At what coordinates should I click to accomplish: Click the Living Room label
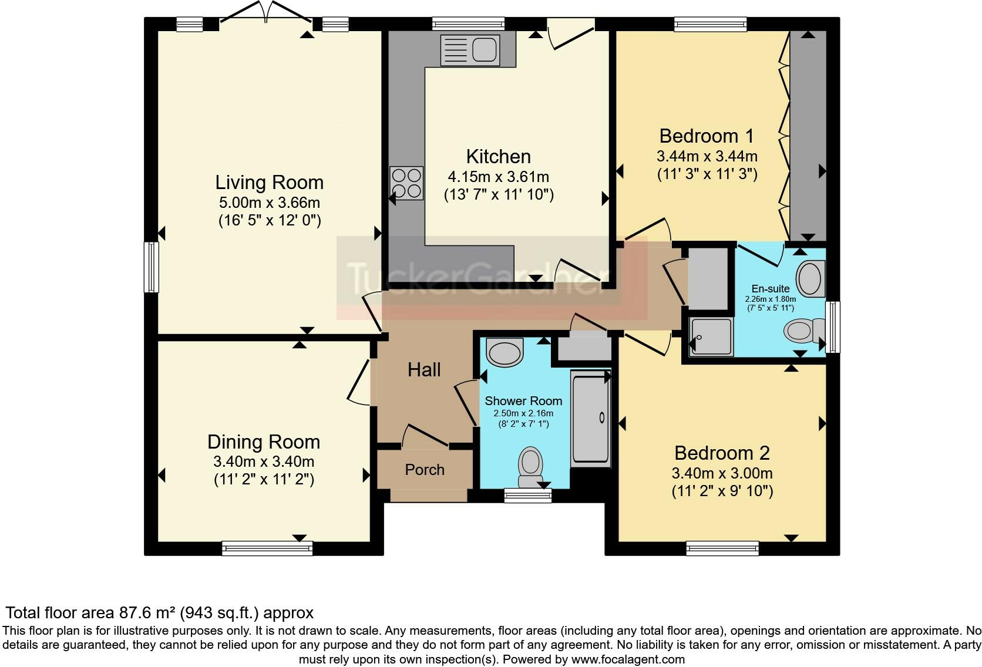[269, 182]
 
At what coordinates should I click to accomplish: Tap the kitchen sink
[470, 49]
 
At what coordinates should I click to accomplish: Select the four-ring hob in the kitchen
[406, 183]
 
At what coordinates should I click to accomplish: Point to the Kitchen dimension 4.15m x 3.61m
[499, 177]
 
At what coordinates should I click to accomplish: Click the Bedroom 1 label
[707, 136]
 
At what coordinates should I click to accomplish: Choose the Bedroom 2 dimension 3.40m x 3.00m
[722, 473]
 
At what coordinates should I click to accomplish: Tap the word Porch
[425, 470]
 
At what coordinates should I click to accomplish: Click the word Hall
[424, 370]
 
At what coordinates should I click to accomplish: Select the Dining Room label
[264, 442]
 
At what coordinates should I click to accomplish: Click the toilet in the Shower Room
[530, 467]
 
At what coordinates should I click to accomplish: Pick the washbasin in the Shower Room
[505, 352]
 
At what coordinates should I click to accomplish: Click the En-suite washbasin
[811, 279]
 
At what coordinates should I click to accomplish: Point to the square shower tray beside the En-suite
[711, 336]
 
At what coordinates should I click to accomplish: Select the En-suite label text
[770, 289]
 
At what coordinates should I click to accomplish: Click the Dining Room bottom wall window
[267, 548]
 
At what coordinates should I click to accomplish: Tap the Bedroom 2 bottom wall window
[722, 548]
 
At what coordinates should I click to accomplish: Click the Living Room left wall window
[152, 267]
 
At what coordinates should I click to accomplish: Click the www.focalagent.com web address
[628, 659]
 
